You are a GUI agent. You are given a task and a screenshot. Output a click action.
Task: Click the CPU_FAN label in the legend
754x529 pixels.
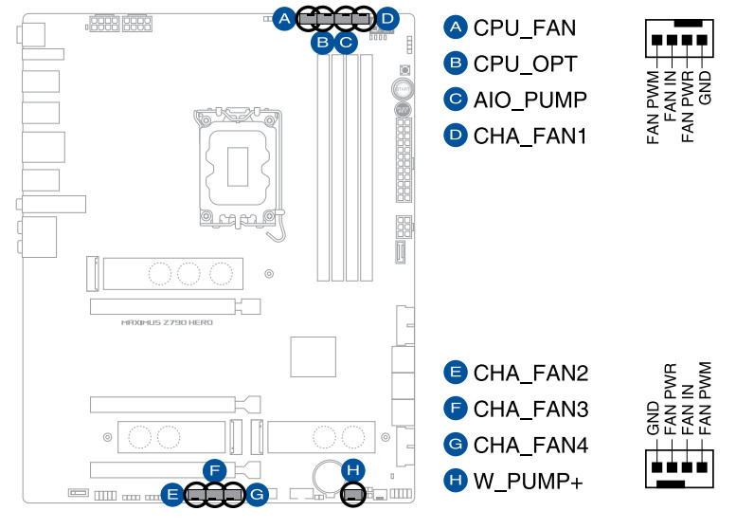(524, 27)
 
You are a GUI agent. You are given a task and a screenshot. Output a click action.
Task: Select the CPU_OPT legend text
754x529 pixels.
(524, 64)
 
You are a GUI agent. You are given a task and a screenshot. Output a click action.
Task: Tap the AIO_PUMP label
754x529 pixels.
(530, 100)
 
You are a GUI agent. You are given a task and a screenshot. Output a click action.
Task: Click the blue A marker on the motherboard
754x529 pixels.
(284, 17)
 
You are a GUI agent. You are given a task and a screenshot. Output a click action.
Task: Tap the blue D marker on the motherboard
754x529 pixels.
(387, 17)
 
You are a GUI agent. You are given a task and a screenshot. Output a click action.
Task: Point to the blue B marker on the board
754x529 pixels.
(322, 41)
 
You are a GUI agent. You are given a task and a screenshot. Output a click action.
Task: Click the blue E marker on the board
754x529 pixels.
(171, 494)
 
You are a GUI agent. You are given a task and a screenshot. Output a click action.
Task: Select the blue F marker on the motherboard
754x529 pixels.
(216, 470)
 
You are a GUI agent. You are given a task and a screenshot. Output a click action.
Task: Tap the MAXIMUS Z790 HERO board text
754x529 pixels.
(167, 323)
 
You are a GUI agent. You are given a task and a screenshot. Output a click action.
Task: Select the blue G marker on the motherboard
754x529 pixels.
(258, 494)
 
